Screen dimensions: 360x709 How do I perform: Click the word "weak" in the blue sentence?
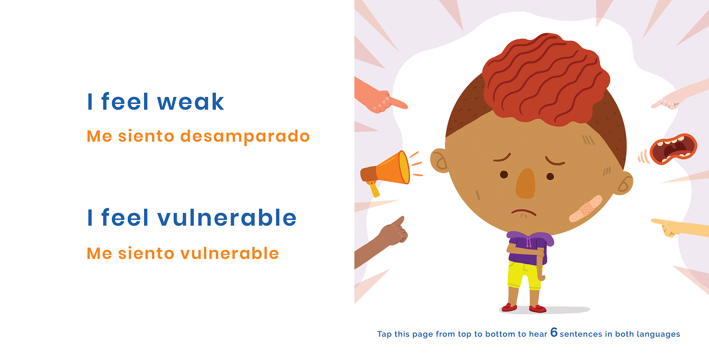(x=190, y=102)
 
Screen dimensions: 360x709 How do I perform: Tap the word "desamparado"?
(x=245, y=136)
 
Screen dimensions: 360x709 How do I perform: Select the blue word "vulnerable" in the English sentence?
(x=227, y=218)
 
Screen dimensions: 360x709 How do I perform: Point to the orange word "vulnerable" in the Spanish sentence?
(x=230, y=253)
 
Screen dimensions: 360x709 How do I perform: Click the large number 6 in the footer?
(x=554, y=332)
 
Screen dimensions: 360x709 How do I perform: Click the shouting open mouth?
(x=673, y=149)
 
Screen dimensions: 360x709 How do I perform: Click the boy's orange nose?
(x=526, y=184)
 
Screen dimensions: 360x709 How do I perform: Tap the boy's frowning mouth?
(x=523, y=212)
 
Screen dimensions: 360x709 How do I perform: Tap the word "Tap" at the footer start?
(x=384, y=334)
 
